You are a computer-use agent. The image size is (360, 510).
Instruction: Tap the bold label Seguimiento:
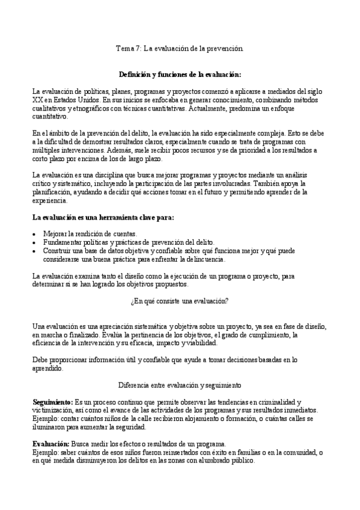[x=50, y=401]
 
